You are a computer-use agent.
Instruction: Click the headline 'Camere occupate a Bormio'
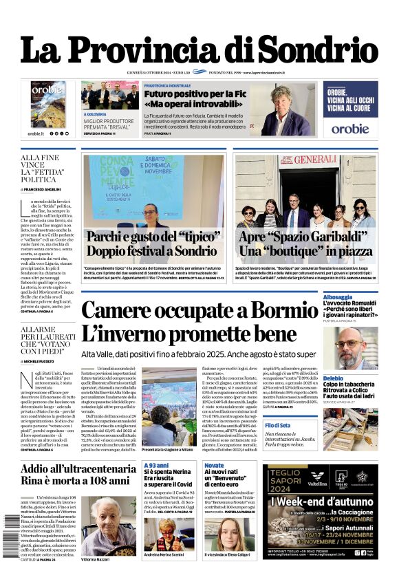pyautogui.click(x=199, y=312)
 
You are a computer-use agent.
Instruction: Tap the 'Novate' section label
pyautogui.click(x=214, y=466)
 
